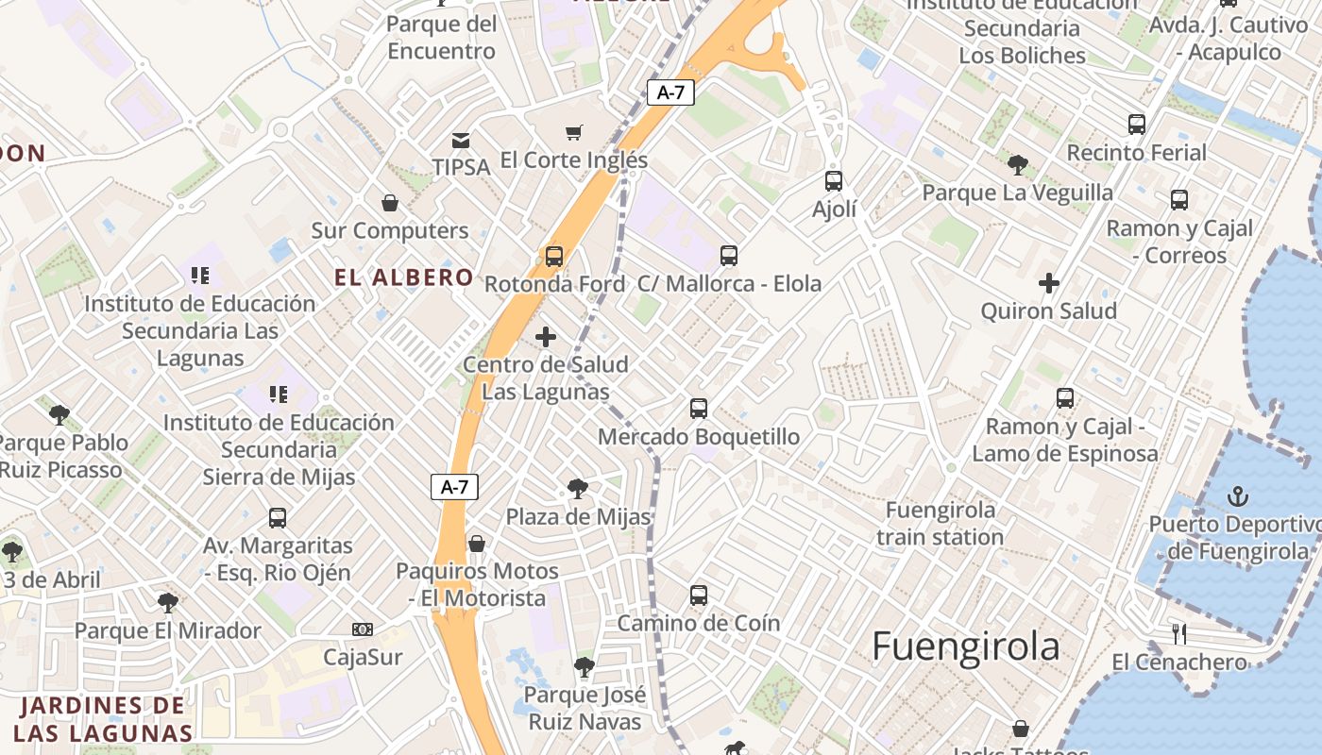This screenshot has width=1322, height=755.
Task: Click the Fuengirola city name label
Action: tap(965, 647)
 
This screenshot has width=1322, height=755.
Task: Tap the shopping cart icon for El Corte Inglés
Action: tap(573, 132)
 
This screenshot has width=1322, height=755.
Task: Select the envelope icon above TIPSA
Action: tap(461, 141)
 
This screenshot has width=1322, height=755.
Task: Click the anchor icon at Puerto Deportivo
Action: tap(1237, 495)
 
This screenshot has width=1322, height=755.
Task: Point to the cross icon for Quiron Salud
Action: tap(1048, 282)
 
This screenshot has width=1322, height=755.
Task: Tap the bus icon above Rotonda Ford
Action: tap(554, 256)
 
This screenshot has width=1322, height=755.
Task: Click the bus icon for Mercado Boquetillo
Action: tap(699, 408)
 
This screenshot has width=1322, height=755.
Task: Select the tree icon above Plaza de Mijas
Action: tap(578, 489)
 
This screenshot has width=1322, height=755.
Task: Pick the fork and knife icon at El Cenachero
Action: tap(1178, 633)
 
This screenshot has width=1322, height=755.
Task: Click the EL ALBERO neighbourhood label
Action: tap(404, 277)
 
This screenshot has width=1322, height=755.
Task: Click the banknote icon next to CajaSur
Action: tap(363, 629)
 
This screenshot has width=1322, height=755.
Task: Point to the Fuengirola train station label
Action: tap(940, 524)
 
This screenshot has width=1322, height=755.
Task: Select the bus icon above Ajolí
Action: tap(834, 180)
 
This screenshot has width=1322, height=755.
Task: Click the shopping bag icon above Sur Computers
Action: tap(389, 203)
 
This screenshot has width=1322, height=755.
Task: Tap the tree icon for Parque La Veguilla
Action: tap(1018, 165)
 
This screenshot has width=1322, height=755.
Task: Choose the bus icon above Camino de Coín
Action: tap(699, 595)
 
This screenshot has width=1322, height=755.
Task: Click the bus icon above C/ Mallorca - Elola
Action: tap(729, 255)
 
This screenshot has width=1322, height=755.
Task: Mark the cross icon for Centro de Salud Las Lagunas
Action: tap(546, 336)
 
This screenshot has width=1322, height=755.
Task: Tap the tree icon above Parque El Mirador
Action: tap(168, 602)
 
